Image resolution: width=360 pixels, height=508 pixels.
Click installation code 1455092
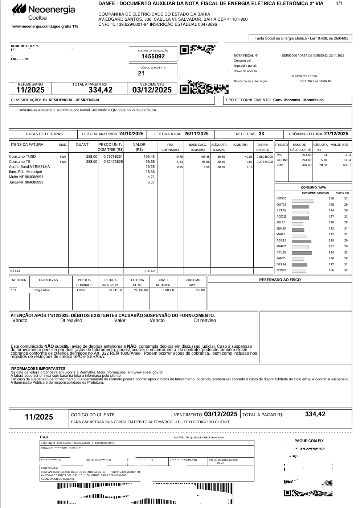(153, 56)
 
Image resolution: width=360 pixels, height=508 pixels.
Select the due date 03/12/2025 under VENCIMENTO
(152, 90)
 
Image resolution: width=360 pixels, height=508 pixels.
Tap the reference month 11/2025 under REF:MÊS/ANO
(30, 90)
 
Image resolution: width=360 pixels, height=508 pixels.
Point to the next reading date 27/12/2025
(336, 134)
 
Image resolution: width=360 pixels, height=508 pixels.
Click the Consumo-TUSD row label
(22, 157)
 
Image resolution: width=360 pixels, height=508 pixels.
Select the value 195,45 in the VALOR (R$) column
(149, 157)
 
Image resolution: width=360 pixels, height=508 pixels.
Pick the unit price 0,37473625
(113, 162)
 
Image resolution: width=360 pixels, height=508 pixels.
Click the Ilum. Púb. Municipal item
(25, 172)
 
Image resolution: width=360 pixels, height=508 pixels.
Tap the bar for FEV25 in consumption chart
(302, 253)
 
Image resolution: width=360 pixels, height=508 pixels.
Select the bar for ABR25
(302, 241)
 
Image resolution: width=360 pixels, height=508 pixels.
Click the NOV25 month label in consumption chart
(281, 199)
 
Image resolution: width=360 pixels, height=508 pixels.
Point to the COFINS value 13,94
(347, 160)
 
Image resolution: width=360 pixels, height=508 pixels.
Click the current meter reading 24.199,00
(141, 290)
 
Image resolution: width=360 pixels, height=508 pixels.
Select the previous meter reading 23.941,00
(115, 290)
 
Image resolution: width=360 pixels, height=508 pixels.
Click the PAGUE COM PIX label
(309, 441)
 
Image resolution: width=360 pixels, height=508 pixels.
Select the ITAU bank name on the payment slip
(44, 437)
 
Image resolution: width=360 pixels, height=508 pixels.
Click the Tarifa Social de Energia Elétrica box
(301, 38)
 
